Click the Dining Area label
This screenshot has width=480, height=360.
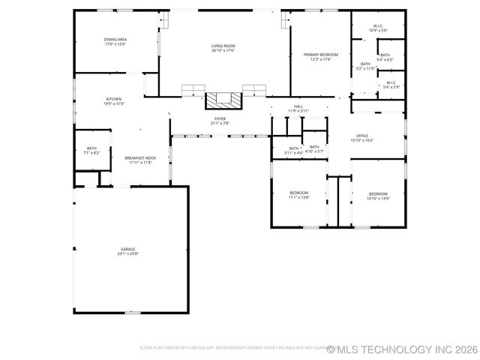click(x=115, y=40)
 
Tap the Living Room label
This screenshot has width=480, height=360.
click(x=223, y=46)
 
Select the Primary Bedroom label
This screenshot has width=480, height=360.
click(x=320, y=55)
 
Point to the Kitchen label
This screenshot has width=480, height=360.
click(x=114, y=99)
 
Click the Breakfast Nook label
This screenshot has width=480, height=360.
click(x=140, y=157)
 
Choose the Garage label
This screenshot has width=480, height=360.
click(x=128, y=249)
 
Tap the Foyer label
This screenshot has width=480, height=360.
click(x=220, y=118)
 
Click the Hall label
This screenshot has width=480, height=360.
click(x=298, y=106)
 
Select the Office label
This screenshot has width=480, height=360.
click(x=362, y=136)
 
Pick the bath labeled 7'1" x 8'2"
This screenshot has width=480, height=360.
click(x=91, y=148)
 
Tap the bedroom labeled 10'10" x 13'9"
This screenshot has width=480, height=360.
click(x=377, y=193)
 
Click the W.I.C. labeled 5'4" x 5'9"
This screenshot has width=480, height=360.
click(x=391, y=82)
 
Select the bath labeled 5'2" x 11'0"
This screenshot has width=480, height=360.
click(x=365, y=64)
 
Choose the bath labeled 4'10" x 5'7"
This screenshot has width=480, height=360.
click(x=314, y=147)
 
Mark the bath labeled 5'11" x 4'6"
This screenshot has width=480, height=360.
click(x=294, y=148)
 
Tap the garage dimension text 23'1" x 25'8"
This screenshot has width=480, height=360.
click(x=128, y=253)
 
